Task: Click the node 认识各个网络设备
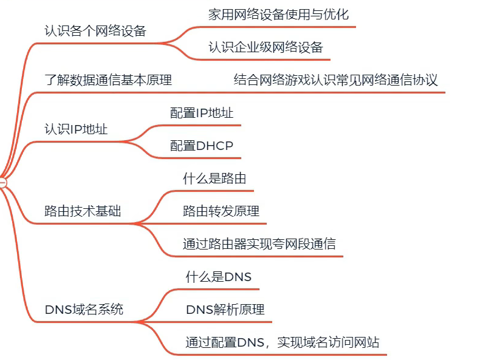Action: pyautogui.click(x=95, y=31)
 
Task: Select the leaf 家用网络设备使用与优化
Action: pyautogui.click(x=278, y=15)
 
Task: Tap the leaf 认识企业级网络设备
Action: pyautogui.click(x=266, y=47)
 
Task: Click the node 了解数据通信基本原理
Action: pyautogui.click(x=108, y=80)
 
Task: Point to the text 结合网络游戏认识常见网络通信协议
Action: pyautogui.click(x=335, y=80)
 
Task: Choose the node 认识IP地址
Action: pyautogui.click(x=77, y=129)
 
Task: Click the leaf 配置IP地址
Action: pyautogui.click(x=202, y=113)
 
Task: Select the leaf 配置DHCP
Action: pyautogui.click(x=202, y=146)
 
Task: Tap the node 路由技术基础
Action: pyautogui.click(x=83, y=211)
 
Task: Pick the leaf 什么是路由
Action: pyautogui.click(x=214, y=178)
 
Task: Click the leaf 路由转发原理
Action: pyautogui.click(x=221, y=211)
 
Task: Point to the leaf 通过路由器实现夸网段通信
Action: pyautogui.click(x=259, y=244)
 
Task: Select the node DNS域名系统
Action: pyautogui.click(x=84, y=309)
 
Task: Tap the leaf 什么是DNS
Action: pyautogui.click(x=219, y=277)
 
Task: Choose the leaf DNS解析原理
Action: pyautogui.click(x=225, y=310)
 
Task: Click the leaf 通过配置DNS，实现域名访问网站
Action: pyautogui.click(x=282, y=342)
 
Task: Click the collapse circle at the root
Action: pyautogui.click(x=2, y=182)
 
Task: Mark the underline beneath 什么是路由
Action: pyautogui.click(x=213, y=191)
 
